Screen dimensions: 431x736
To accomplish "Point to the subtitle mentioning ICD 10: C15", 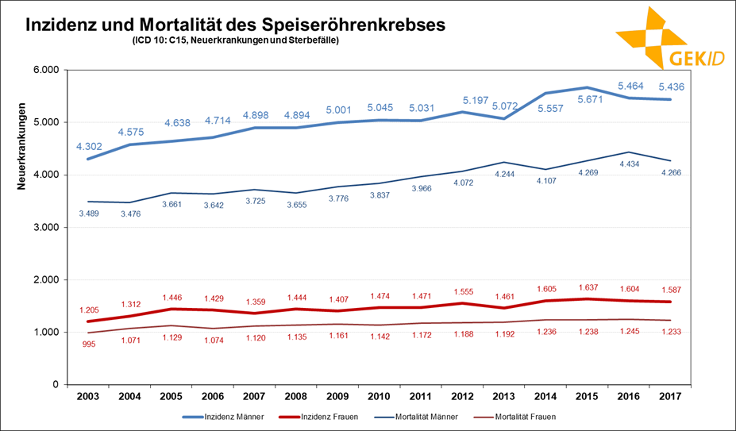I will tap(236, 40).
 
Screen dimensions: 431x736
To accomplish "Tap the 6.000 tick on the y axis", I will tap(45, 70).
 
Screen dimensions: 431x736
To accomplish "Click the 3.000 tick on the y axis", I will tap(45, 227).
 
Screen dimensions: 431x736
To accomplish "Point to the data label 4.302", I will tap(90, 146).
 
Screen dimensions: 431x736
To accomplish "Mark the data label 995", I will tap(90, 344).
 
